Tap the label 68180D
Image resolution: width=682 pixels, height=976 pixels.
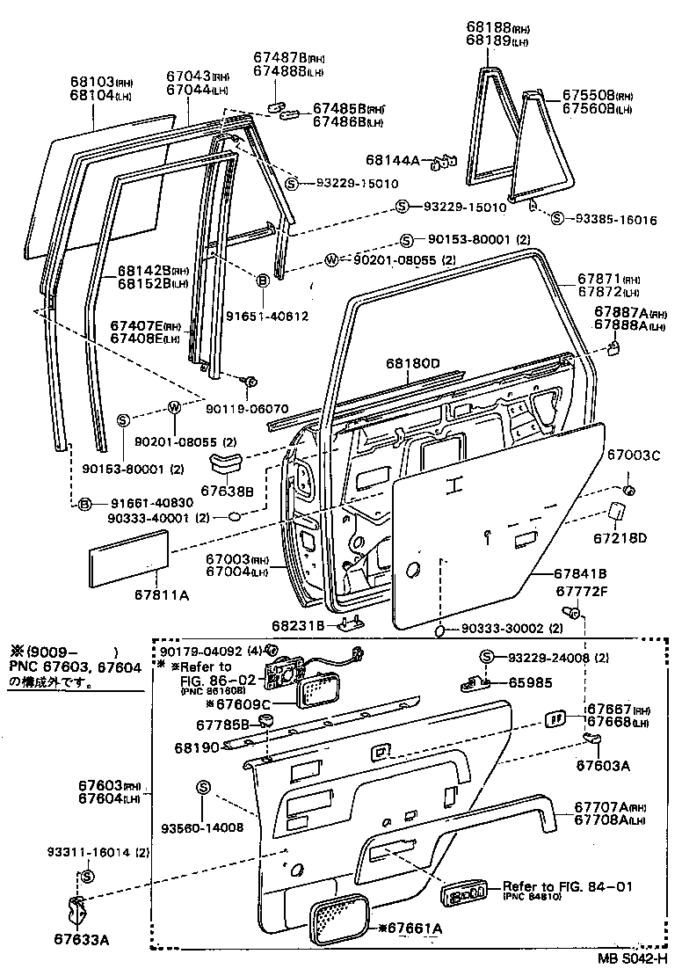click(411, 362)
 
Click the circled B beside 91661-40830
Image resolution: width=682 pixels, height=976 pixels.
click(85, 503)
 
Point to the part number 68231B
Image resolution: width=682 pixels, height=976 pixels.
click(299, 625)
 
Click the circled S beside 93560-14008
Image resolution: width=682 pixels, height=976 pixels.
click(202, 787)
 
